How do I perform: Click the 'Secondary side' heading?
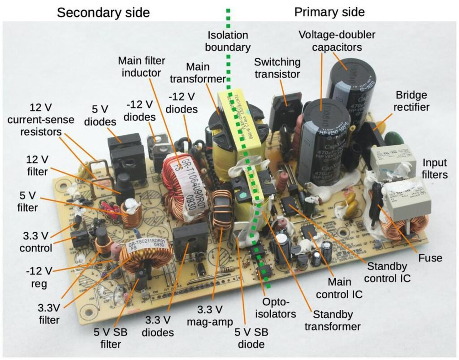tap(103, 13)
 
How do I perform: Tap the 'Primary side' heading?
tap(329, 12)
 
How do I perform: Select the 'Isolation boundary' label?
tap(229, 41)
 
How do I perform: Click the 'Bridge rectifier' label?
tap(411, 101)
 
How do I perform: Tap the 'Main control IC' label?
tap(345, 288)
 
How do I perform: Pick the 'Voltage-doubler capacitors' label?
tap(343, 40)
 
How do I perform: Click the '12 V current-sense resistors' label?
tap(36, 120)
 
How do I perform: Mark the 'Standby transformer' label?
tap(332, 321)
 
